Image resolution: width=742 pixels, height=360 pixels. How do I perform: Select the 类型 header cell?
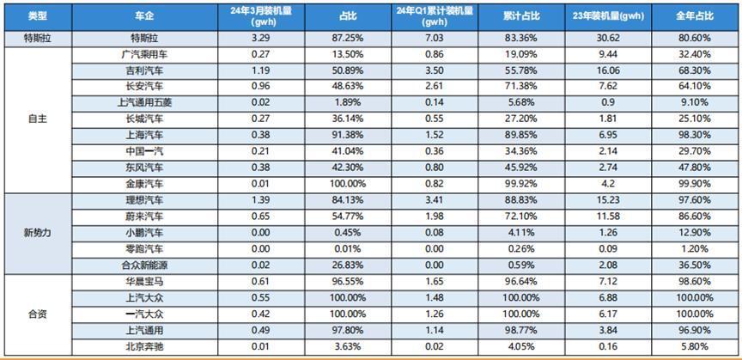pyautogui.click(x=36, y=15)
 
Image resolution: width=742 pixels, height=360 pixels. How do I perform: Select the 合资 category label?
pyautogui.click(x=36, y=314)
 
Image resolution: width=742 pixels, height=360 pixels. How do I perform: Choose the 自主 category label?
pyautogui.click(x=36, y=119)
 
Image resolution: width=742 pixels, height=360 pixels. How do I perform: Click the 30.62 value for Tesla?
pyautogui.click(x=608, y=39)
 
